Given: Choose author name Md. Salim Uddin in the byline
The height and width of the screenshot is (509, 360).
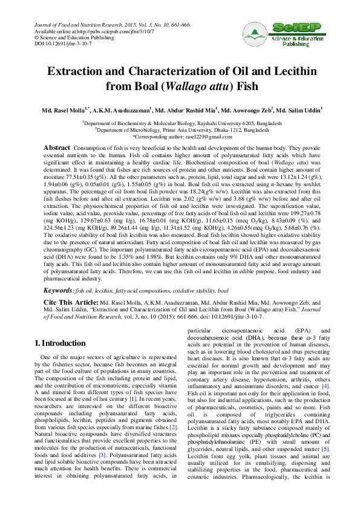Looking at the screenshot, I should point(299,111).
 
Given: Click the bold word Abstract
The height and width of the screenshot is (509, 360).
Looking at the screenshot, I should point(57,148).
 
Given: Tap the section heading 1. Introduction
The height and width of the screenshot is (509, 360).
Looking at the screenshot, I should point(61,344).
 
